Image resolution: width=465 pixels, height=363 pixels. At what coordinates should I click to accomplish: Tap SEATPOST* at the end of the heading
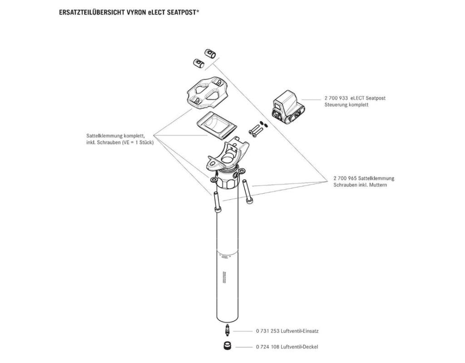pyautogui.click(x=181, y=12)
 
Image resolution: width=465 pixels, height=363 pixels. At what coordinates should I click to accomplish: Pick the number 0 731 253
pyautogui.click(x=268, y=331)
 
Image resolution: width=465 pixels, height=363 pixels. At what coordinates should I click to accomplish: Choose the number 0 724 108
pyautogui.click(x=268, y=347)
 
